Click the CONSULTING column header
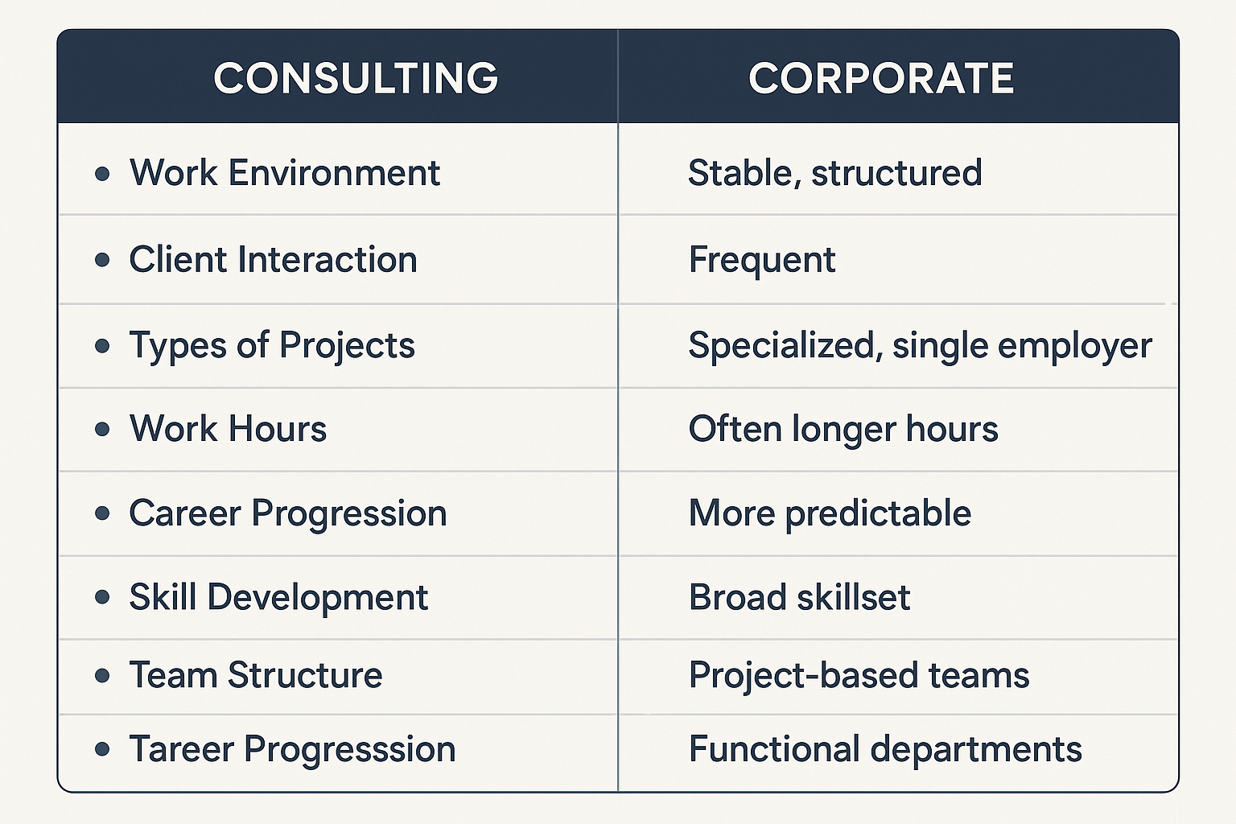pyautogui.click(x=356, y=78)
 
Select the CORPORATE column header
pyautogui.click(x=881, y=78)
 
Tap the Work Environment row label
pyautogui.click(x=285, y=173)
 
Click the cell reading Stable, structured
pyautogui.click(x=834, y=173)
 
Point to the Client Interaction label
pyautogui.click(x=273, y=260)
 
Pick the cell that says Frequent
pyautogui.click(x=761, y=260)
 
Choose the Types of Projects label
pyautogui.click(x=272, y=346)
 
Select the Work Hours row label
pyautogui.click(x=228, y=429)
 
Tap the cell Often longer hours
pyautogui.click(x=843, y=429)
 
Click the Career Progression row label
pyautogui.click(x=287, y=513)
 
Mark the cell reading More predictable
pyautogui.click(x=830, y=513)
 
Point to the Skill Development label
pyautogui.click(x=278, y=597)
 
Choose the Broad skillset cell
pyautogui.click(x=799, y=597)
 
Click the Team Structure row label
pyautogui.click(x=256, y=675)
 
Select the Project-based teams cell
pyautogui.click(x=859, y=675)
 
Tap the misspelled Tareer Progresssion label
pyautogui.click(x=292, y=749)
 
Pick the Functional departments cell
pyautogui.click(x=885, y=749)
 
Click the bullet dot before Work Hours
pyautogui.click(x=102, y=430)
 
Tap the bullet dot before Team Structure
pyautogui.click(x=102, y=676)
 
